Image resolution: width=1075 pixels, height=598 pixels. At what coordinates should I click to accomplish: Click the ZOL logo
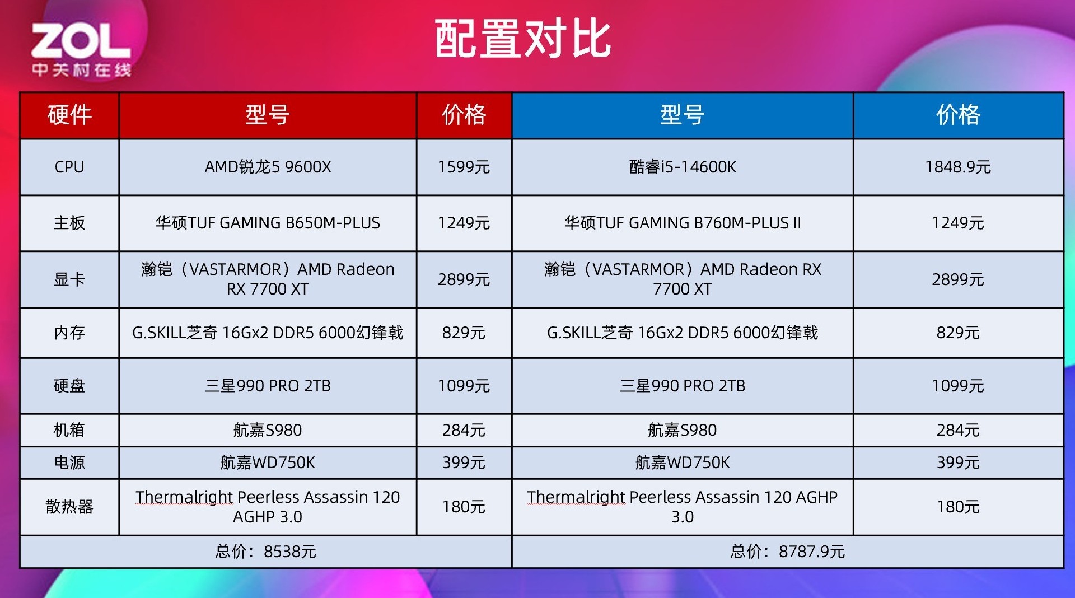click(81, 49)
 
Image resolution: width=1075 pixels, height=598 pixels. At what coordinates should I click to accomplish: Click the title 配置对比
click(523, 39)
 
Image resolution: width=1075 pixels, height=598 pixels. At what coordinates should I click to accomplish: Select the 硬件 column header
click(69, 115)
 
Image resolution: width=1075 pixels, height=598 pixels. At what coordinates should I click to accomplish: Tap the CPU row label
click(69, 167)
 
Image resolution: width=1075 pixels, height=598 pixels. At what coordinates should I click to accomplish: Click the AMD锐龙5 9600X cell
click(268, 167)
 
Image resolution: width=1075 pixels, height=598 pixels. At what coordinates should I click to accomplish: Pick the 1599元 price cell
click(464, 167)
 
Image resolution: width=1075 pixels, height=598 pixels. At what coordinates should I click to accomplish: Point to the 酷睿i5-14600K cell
click(683, 167)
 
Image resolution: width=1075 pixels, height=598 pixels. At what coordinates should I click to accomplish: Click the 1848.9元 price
click(958, 167)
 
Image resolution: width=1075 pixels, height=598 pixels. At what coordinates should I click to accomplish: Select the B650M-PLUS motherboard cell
click(268, 223)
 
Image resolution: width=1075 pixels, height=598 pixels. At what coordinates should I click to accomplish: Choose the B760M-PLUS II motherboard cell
click(683, 223)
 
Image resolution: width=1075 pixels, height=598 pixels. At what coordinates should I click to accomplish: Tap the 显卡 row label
click(69, 279)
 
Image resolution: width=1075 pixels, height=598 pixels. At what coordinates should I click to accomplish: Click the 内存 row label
click(69, 333)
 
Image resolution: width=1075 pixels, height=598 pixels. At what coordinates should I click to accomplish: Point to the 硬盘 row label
click(69, 386)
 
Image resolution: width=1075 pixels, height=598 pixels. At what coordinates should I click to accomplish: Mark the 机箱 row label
click(69, 430)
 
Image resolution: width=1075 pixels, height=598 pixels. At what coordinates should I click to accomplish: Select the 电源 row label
click(69, 462)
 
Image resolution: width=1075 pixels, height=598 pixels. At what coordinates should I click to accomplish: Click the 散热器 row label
click(69, 507)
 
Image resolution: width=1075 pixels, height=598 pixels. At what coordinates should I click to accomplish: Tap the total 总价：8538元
click(266, 552)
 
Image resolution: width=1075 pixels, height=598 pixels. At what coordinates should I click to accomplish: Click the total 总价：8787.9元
click(788, 552)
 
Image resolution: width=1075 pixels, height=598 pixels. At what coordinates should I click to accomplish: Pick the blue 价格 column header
click(958, 115)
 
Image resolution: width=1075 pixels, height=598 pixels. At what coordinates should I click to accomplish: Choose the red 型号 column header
click(268, 115)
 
